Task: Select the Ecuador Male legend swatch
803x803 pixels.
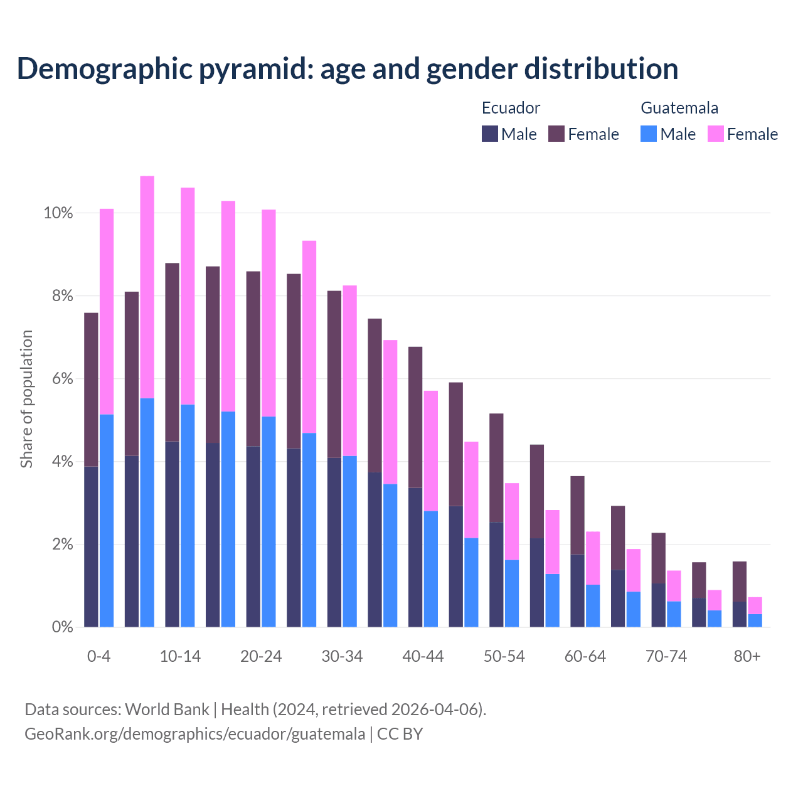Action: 489,134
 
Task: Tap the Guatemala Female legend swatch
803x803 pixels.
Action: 715,134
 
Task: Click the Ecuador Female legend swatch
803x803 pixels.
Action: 556,134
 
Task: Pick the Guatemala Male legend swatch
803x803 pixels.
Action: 649,134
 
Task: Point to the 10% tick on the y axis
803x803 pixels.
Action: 58,213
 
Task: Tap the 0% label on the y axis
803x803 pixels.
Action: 62,627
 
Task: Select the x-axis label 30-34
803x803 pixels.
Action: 342,657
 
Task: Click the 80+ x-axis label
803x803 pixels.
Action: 747,657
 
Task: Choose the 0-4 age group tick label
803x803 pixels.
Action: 98,657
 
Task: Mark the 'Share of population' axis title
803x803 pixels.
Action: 26,399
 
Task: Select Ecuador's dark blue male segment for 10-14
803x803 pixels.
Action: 172,534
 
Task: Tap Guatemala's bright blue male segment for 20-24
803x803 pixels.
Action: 269,521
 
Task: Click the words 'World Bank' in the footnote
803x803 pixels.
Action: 167,710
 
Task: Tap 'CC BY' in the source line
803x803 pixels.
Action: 400,734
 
